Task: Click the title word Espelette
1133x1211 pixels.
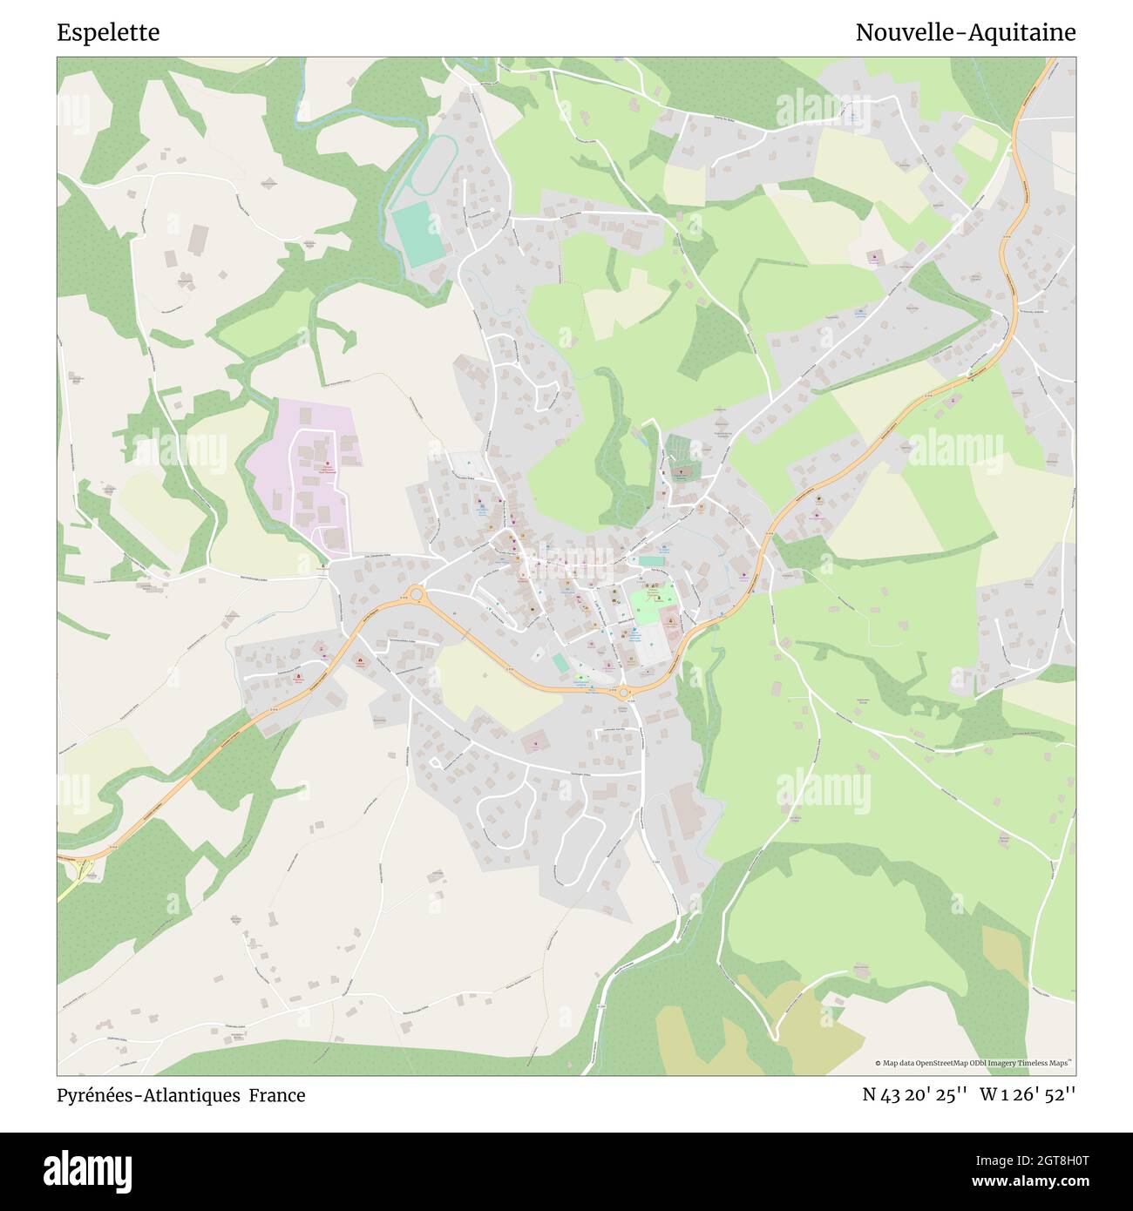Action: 108,32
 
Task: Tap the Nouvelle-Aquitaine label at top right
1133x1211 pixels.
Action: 965,32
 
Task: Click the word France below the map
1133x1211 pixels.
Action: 277,1095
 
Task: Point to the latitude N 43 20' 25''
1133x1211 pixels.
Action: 914,1094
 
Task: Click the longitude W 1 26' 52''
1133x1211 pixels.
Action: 1028,1094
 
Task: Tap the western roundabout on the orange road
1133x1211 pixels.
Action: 416,594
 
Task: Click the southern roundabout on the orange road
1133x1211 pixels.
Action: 623,693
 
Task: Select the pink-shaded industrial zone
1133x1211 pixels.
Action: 305,475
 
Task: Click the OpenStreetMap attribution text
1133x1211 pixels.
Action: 976,1063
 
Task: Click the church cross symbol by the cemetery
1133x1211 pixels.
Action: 681,471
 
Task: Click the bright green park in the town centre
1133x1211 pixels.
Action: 651,599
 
